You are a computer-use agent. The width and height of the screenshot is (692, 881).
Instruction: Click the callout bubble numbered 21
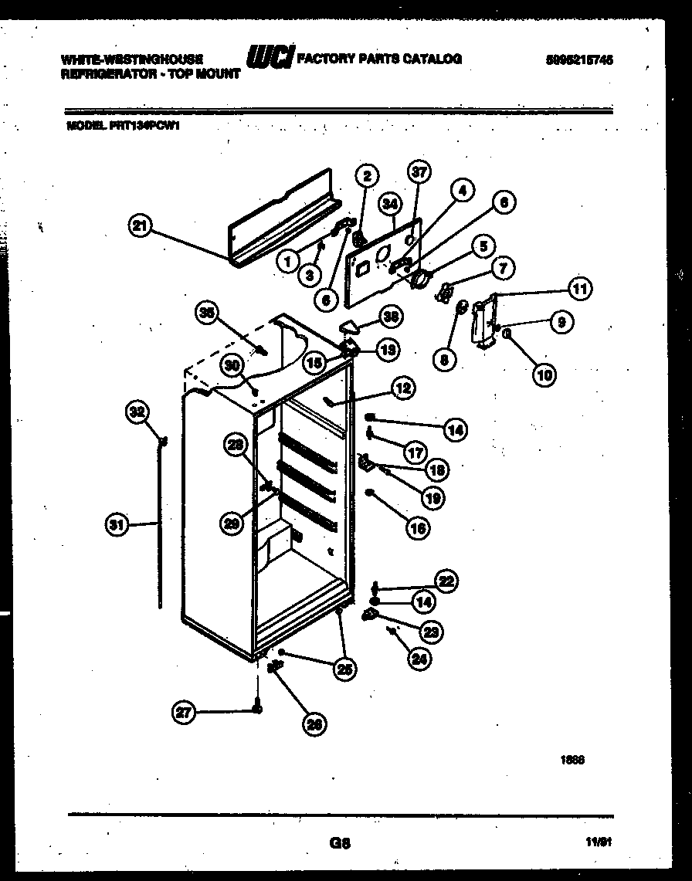click(x=140, y=227)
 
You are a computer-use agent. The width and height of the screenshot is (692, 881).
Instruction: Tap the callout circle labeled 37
click(x=419, y=173)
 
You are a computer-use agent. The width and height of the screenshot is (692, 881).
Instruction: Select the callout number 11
click(x=579, y=290)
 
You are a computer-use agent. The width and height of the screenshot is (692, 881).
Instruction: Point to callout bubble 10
click(x=544, y=374)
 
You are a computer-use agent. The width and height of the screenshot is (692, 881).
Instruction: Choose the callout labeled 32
click(x=137, y=413)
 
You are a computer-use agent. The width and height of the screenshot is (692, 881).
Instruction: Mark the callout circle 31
click(x=116, y=525)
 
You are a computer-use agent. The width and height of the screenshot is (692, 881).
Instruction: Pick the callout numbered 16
click(x=417, y=528)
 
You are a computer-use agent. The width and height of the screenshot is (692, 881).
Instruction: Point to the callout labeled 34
click(x=391, y=204)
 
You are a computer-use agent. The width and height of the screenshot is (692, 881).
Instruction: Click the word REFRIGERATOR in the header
click(x=96, y=74)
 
